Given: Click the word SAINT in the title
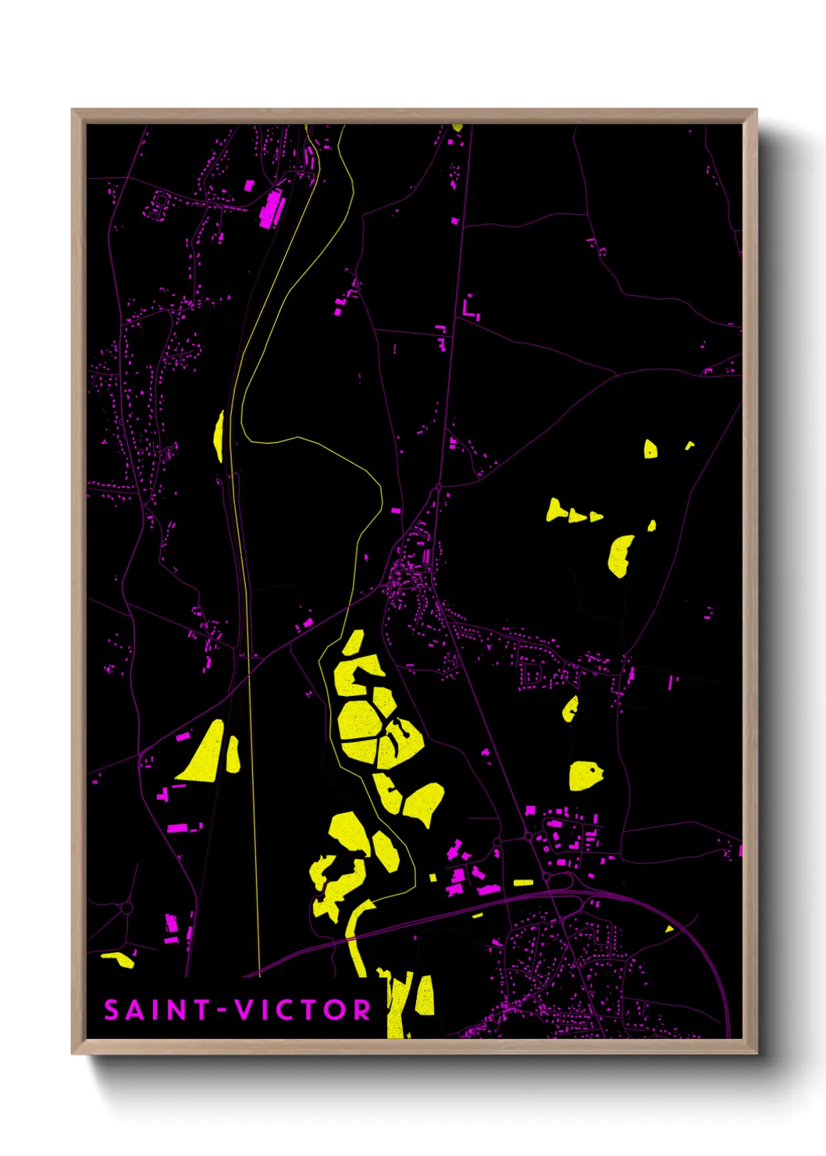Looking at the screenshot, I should [155, 1010].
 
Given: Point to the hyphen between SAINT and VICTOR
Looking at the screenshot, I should [222, 1010].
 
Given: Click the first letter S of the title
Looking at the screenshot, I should [112, 1010].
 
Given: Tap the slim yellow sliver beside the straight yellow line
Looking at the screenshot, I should [219, 434].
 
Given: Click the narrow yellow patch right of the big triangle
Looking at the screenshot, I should [233, 754].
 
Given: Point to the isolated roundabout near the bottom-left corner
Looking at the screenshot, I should [126, 908].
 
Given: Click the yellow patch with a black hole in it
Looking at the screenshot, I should [585, 775].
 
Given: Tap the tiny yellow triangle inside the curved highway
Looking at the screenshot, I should [669, 929].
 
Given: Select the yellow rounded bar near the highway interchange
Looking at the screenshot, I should [523, 883].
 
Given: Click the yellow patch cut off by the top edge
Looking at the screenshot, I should [457, 127].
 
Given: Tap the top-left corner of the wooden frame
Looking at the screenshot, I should [73, 110].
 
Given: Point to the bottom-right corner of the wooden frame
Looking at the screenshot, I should [756, 1053].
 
